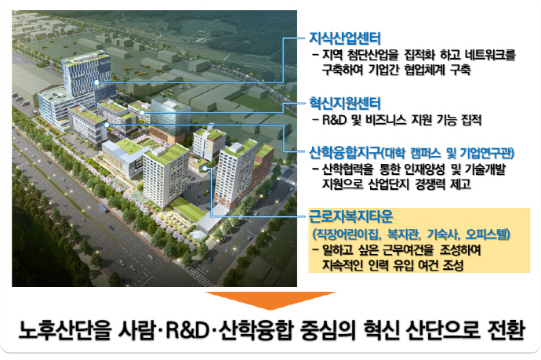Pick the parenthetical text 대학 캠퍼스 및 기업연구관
pos(447,149)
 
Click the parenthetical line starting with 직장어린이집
pos(412,235)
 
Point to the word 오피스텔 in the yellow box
pos(489,235)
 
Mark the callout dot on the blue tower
pos(96,82)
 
